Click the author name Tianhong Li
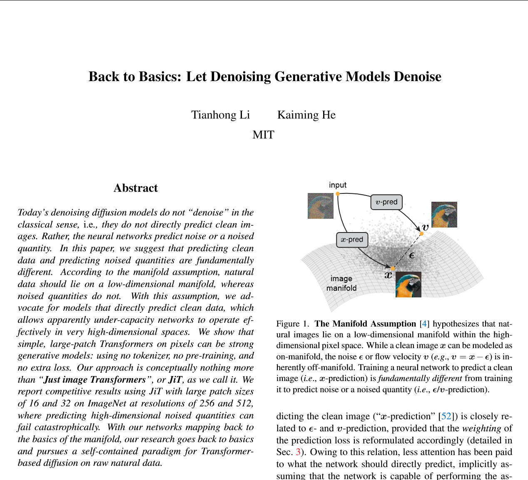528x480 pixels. pyautogui.click(x=220, y=115)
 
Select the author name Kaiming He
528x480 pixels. pyautogui.click(x=306, y=115)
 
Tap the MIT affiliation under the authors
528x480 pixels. pyautogui.click(x=263, y=135)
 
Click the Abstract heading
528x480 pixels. pyautogui.click(x=136, y=188)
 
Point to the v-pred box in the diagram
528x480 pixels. pyautogui.click(x=386, y=202)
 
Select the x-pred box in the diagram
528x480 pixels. pyautogui.click(x=352, y=240)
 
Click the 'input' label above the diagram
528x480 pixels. pyautogui.click(x=338, y=185)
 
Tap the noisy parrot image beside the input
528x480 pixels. pyautogui.click(x=321, y=206)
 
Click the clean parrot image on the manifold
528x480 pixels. pyautogui.click(x=408, y=285)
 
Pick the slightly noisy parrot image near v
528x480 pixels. pyautogui.click(x=444, y=215)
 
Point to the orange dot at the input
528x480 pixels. pyautogui.click(x=338, y=194)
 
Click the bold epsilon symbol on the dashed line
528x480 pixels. pyautogui.click(x=412, y=255)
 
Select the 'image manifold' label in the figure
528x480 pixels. pyautogui.click(x=341, y=283)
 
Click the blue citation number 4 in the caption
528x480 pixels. pyautogui.click(x=424, y=324)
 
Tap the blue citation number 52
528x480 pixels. pyautogui.click(x=446, y=416)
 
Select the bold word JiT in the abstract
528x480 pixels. pyautogui.click(x=175, y=380)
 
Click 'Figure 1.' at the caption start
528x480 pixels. pyautogui.click(x=293, y=324)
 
